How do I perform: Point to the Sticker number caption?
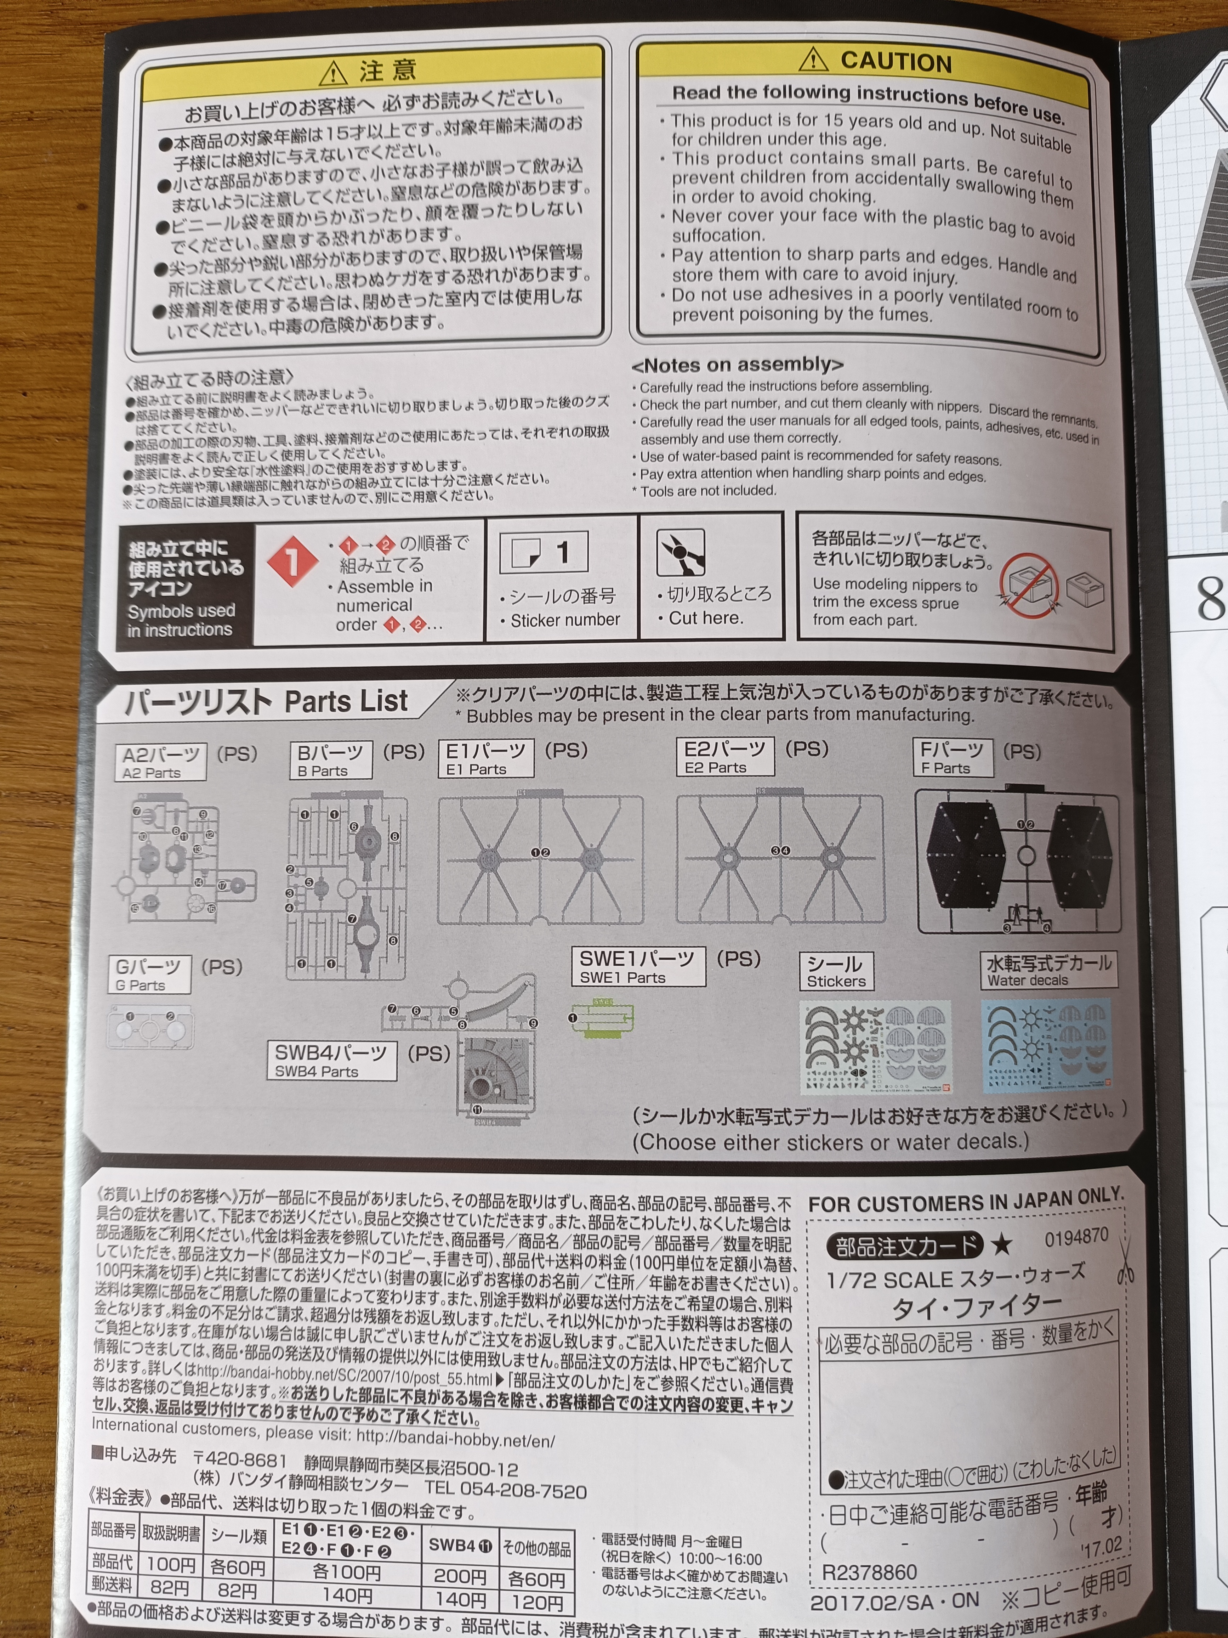(565, 620)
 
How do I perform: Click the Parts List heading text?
(346, 701)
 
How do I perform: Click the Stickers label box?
(836, 971)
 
